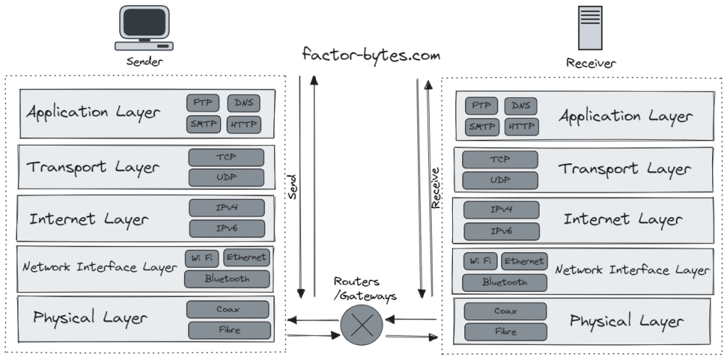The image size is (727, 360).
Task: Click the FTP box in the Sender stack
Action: click(202, 103)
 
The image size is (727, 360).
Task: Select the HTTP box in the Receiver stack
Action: click(521, 127)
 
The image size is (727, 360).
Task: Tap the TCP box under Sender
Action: click(226, 157)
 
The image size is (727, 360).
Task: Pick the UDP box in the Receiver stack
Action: click(500, 180)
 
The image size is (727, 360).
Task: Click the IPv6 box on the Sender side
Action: click(226, 229)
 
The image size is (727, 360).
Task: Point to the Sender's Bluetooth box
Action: click(227, 279)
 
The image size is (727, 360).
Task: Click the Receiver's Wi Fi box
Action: click(481, 261)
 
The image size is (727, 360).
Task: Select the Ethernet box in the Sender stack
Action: click(246, 257)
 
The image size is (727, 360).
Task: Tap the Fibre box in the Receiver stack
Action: click(505, 332)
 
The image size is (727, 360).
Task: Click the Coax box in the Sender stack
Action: click(228, 310)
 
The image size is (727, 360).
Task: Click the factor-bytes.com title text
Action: click(371, 55)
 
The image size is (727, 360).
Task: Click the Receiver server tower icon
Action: click(590, 27)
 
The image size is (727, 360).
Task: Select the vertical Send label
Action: click(292, 186)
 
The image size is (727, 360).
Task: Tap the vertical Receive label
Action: click(436, 187)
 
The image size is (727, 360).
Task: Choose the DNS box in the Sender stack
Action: click(244, 103)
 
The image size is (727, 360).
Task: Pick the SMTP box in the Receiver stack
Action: click(481, 127)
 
